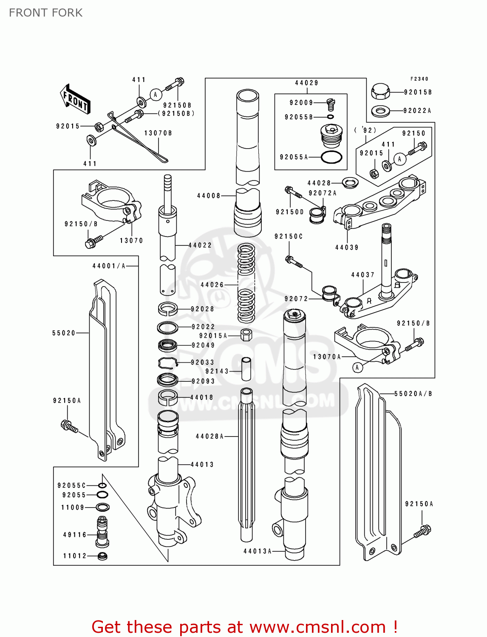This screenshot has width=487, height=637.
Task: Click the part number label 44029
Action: [x=306, y=83]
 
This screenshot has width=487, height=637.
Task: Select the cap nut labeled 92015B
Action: [x=381, y=91]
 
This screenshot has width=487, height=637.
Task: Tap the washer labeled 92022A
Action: [x=381, y=111]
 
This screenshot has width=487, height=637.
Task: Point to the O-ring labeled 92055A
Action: [x=331, y=157]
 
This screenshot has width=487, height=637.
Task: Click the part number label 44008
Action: [x=209, y=196]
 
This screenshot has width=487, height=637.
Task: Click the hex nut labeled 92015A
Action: [x=246, y=335]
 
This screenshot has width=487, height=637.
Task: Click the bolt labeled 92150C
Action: [x=293, y=261]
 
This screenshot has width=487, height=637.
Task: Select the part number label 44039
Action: [x=347, y=248]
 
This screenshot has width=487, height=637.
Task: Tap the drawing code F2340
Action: [x=419, y=79]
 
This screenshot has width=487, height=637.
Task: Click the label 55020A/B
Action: [x=413, y=394]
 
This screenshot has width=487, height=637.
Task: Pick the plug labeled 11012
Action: [x=102, y=556]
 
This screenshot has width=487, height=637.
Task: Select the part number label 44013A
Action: [x=257, y=551]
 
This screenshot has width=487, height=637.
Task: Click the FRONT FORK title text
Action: [x=46, y=13]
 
